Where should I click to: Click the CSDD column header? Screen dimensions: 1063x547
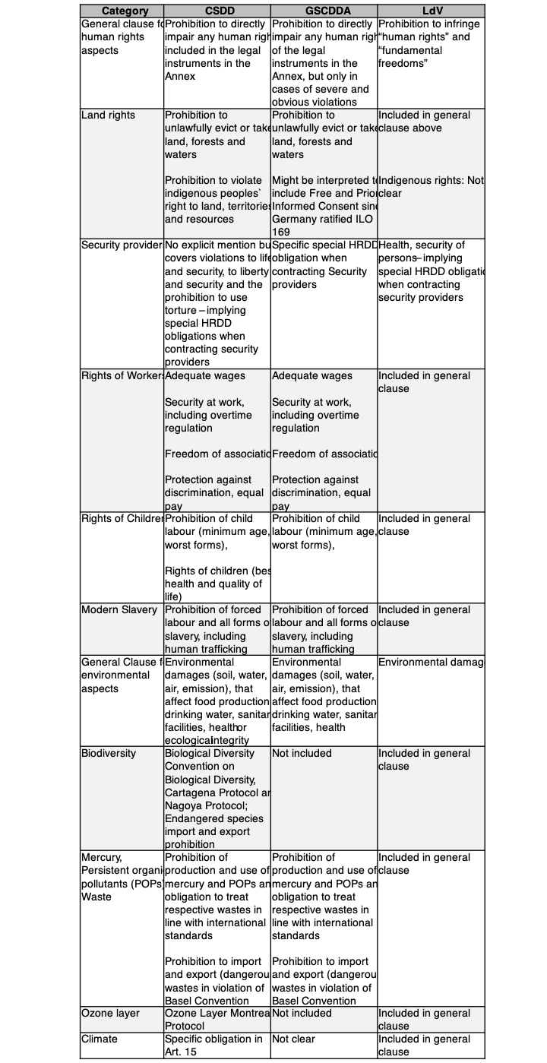[x=217, y=11]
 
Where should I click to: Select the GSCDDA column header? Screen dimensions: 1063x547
[x=324, y=11]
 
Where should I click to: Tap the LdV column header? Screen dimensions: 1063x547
[x=431, y=11]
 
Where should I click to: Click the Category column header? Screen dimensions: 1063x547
[x=122, y=11]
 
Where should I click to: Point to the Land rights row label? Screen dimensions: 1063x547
[x=109, y=115]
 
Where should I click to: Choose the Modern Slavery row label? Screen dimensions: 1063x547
[x=119, y=609]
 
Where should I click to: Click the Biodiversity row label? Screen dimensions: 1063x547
[x=109, y=753]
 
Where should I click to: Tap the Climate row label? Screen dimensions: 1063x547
[x=100, y=1039]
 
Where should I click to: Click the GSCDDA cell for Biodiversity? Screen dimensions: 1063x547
[x=302, y=753]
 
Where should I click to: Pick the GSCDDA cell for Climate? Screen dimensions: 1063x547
[x=293, y=1039]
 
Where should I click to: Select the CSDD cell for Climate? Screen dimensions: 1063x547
[x=214, y=1045]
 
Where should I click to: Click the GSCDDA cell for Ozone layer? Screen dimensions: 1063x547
[x=302, y=1013]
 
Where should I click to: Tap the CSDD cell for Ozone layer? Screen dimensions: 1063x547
[x=217, y=1019]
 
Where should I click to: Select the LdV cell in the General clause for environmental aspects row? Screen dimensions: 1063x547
[x=430, y=663]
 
